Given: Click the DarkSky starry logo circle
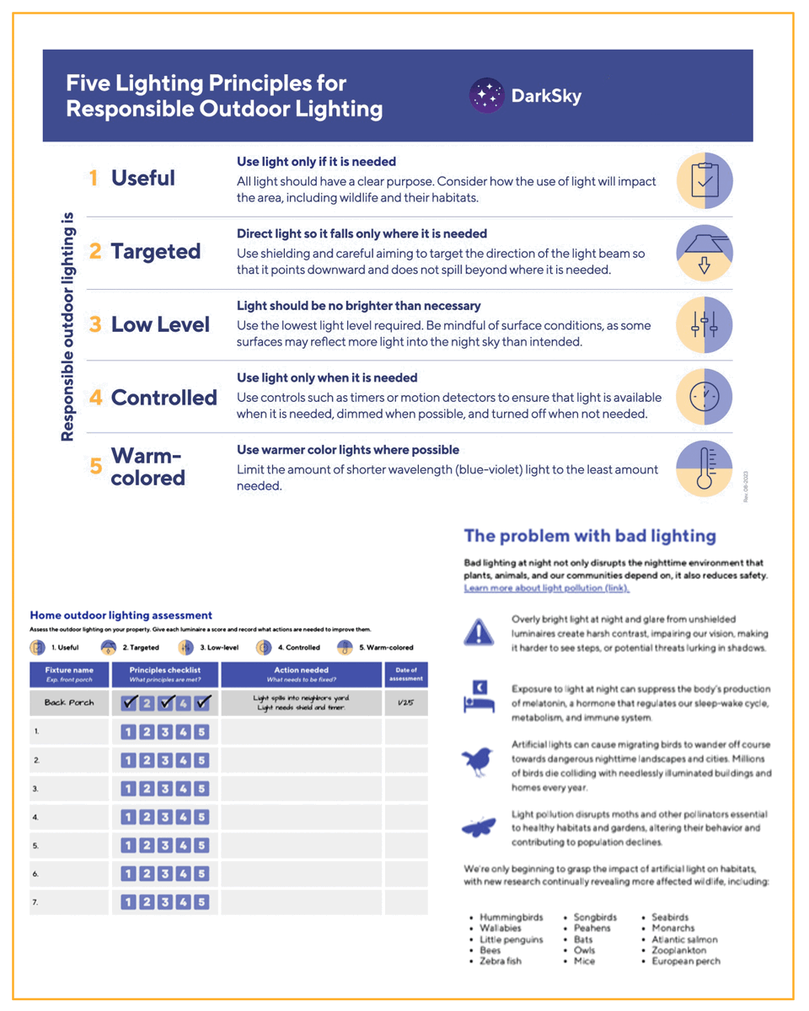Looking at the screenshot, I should coord(487,95).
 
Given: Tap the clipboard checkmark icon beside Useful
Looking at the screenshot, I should coord(705,180).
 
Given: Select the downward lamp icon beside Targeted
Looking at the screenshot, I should coord(705,253).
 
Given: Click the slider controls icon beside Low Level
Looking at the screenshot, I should coord(705,325).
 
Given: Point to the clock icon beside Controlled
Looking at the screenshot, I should coord(705,396).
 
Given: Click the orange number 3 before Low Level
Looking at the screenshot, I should coord(95,324).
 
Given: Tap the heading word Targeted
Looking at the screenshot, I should coord(156,251).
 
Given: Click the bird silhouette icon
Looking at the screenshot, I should coord(478,762).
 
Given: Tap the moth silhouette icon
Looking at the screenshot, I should coord(479,826).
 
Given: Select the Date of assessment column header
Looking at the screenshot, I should coord(406,674).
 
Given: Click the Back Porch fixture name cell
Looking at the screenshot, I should coord(69,703).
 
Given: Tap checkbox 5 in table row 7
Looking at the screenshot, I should coord(201,902).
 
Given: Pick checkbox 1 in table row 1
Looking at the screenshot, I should coord(128,732).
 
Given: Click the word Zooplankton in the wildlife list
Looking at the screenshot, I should coord(679,949).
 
